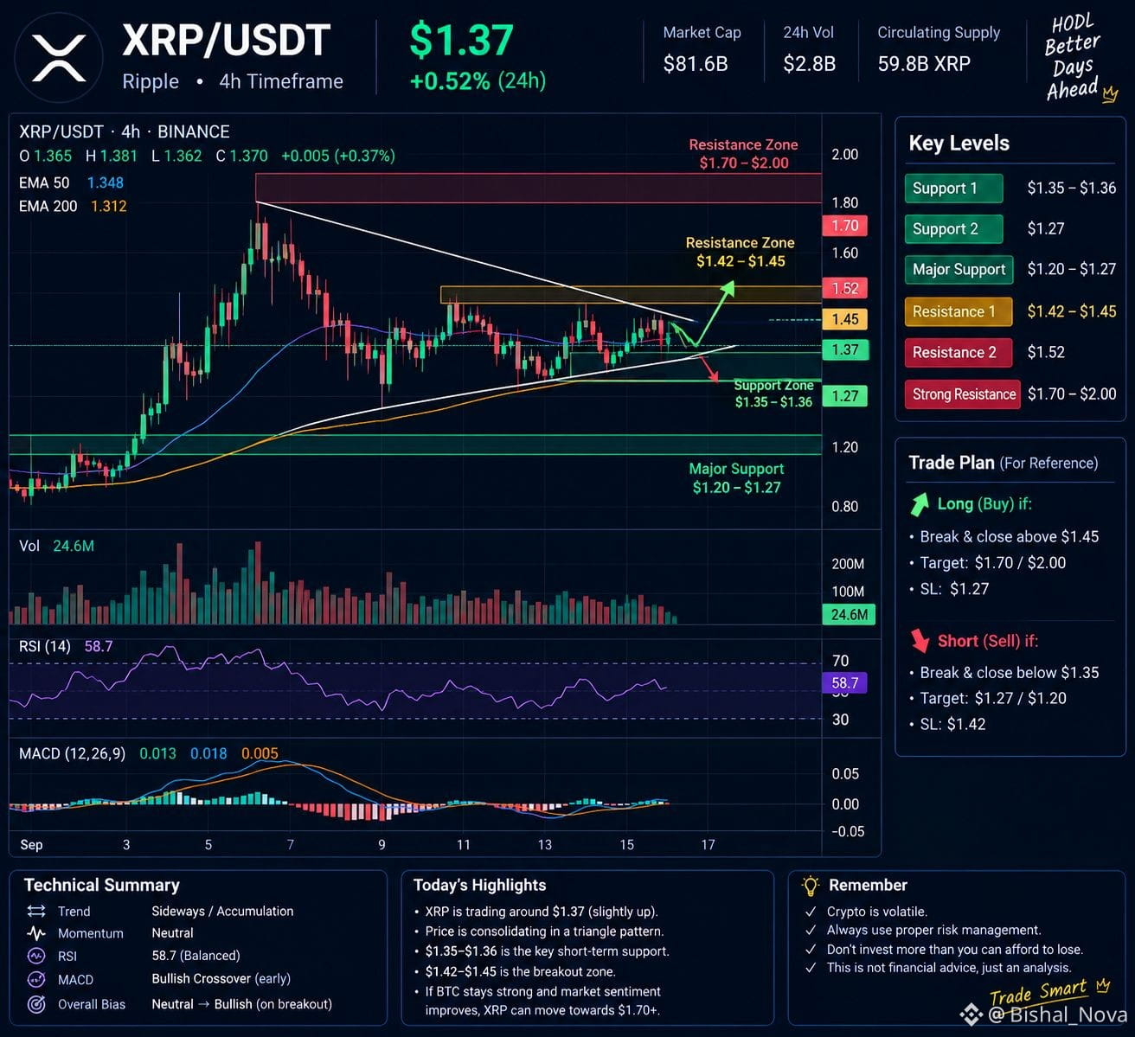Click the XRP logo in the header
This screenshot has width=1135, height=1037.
pyautogui.click(x=59, y=57)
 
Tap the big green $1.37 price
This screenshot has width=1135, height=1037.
pyautogui.click(x=461, y=40)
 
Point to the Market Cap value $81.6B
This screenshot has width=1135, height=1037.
pyautogui.click(x=696, y=64)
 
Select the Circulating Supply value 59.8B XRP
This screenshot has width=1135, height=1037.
pyautogui.click(x=924, y=64)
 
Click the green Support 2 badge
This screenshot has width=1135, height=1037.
pyautogui.click(x=954, y=228)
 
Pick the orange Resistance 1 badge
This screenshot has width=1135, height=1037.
pyautogui.click(x=959, y=311)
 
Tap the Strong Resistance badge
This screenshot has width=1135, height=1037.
pyautogui.click(x=963, y=394)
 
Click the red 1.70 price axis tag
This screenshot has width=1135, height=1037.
pyautogui.click(x=844, y=226)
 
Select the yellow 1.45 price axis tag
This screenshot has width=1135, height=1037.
pyautogui.click(x=844, y=319)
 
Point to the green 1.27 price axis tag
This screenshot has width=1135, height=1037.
pyautogui.click(x=844, y=396)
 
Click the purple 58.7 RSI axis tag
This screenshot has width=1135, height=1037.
pyautogui.click(x=844, y=683)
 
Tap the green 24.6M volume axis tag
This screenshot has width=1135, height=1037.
pyautogui.click(x=849, y=614)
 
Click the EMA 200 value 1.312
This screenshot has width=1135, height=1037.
pyautogui.click(x=109, y=206)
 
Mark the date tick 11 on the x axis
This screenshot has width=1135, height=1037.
pyautogui.click(x=464, y=845)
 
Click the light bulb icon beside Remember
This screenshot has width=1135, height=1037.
pyautogui.click(x=811, y=886)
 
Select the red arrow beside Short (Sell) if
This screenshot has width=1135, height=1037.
pyautogui.click(x=920, y=640)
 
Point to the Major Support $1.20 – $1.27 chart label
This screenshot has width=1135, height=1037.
pyautogui.click(x=737, y=478)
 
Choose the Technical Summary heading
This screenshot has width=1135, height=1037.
pyautogui.click(x=102, y=885)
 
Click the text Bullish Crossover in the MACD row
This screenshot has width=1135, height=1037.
pyautogui.click(x=201, y=979)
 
